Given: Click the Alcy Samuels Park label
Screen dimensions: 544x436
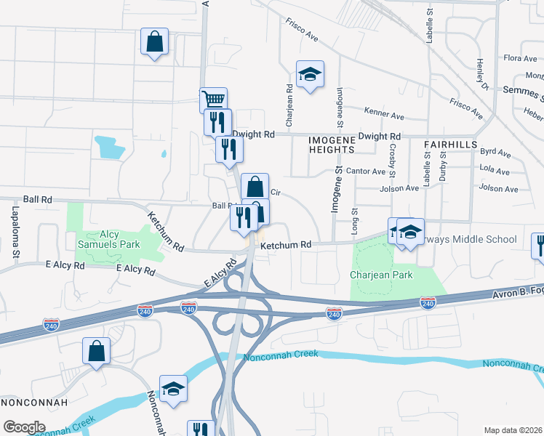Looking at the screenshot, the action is [x=110, y=240].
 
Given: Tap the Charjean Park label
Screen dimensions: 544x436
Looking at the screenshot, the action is [x=381, y=275].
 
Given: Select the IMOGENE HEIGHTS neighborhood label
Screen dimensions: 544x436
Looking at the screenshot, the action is [x=331, y=143].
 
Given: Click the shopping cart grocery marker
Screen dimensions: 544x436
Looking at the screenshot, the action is [x=213, y=100].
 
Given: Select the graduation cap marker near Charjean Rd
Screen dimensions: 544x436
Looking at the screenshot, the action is [x=310, y=74].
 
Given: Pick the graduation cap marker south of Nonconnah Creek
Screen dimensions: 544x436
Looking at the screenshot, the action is [x=173, y=389].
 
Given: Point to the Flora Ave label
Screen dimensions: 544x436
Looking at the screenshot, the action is [x=519, y=58].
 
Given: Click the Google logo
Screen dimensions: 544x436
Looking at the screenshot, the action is [x=24, y=427].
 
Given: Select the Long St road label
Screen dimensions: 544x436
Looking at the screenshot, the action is [x=355, y=221].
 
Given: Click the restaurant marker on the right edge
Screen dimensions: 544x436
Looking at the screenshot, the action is [x=539, y=245].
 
